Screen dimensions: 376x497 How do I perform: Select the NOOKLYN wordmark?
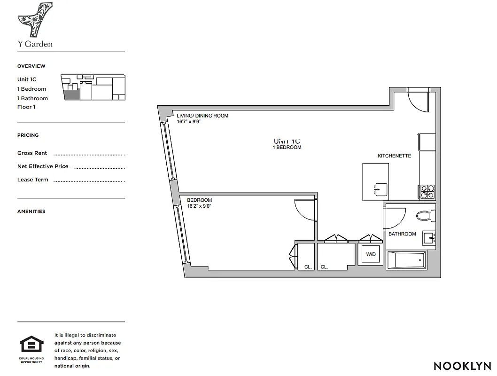pyautogui.click(x=462, y=366)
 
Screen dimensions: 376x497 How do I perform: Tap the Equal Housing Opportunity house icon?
pyautogui.click(x=31, y=345)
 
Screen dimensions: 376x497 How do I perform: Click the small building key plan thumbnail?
pyautogui.click(x=93, y=87)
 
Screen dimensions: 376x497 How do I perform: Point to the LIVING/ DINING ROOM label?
pyautogui.click(x=202, y=116)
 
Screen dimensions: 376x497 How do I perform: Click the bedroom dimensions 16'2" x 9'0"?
pyautogui.click(x=199, y=206)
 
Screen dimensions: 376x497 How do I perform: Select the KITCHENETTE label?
pyautogui.click(x=394, y=156)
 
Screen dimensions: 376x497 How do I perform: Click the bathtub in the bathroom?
pyautogui.click(x=406, y=260)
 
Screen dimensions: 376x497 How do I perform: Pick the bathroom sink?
pyautogui.click(x=429, y=238)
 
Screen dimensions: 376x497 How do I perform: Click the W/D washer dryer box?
pyautogui.click(x=371, y=254)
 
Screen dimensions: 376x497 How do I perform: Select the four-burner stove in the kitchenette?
pyautogui.click(x=427, y=191)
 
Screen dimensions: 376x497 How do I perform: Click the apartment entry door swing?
pyautogui.click(x=418, y=100)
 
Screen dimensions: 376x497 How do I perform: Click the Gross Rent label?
pyautogui.click(x=32, y=153)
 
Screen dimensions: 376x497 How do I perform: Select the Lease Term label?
pyautogui.click(x=33, y=180)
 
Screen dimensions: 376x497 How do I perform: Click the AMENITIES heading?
pyautogui.click(x=31, y=211)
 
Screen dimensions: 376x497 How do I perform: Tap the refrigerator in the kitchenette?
pyautogui.click(x=427, y=142)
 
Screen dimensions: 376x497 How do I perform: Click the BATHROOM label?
pyautogui.click(x=402, y=234)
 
